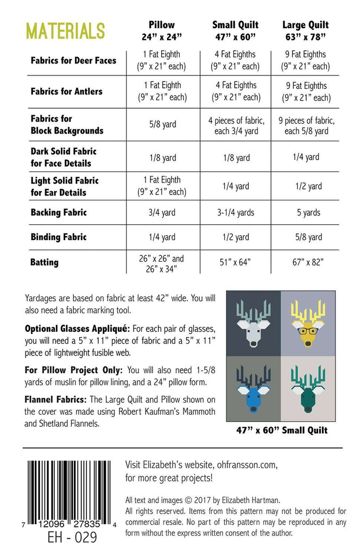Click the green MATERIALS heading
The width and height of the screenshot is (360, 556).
click(65, 31)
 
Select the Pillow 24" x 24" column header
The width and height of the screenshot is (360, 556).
click(161, 30)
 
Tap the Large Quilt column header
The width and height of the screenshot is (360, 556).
click(305, 30)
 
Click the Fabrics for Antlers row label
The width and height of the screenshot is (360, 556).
click(66, 91)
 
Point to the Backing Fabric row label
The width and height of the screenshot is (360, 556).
click(58, 212)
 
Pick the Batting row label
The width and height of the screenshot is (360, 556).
click(45, 262)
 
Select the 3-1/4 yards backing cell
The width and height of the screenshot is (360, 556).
click(235, 212)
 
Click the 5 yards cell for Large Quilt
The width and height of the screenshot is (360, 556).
click(308, 212)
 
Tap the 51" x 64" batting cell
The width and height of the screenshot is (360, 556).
click(235, 262)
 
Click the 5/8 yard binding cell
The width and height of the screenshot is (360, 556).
click(308, 237)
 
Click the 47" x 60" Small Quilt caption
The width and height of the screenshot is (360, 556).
click(282, 430)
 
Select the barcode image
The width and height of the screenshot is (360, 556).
click(67, 489)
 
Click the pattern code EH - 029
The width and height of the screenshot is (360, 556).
click(67, 538)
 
